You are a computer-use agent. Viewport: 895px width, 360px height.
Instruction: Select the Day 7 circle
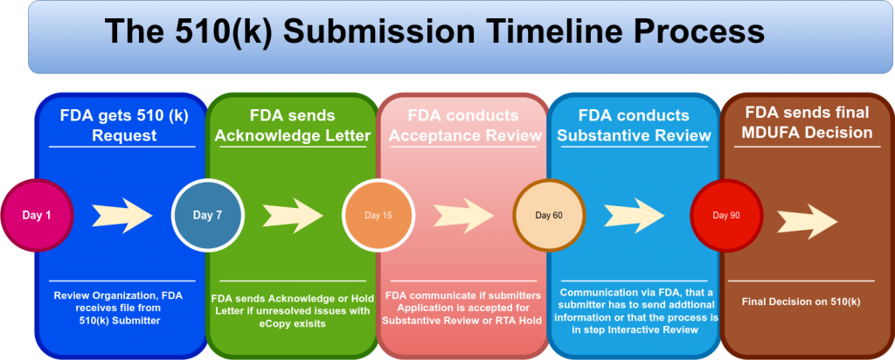[x=207, y=215]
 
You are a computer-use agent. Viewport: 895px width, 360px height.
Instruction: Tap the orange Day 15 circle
[x=378, y=215]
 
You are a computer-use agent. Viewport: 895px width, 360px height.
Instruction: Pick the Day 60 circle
[x=546, y=215]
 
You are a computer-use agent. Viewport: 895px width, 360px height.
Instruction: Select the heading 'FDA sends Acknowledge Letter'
[x=291, y=125]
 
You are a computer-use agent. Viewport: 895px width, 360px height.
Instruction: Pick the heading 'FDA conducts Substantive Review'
[x=634, y=125]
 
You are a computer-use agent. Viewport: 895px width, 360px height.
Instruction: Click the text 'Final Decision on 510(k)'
[x=801, y=301]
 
